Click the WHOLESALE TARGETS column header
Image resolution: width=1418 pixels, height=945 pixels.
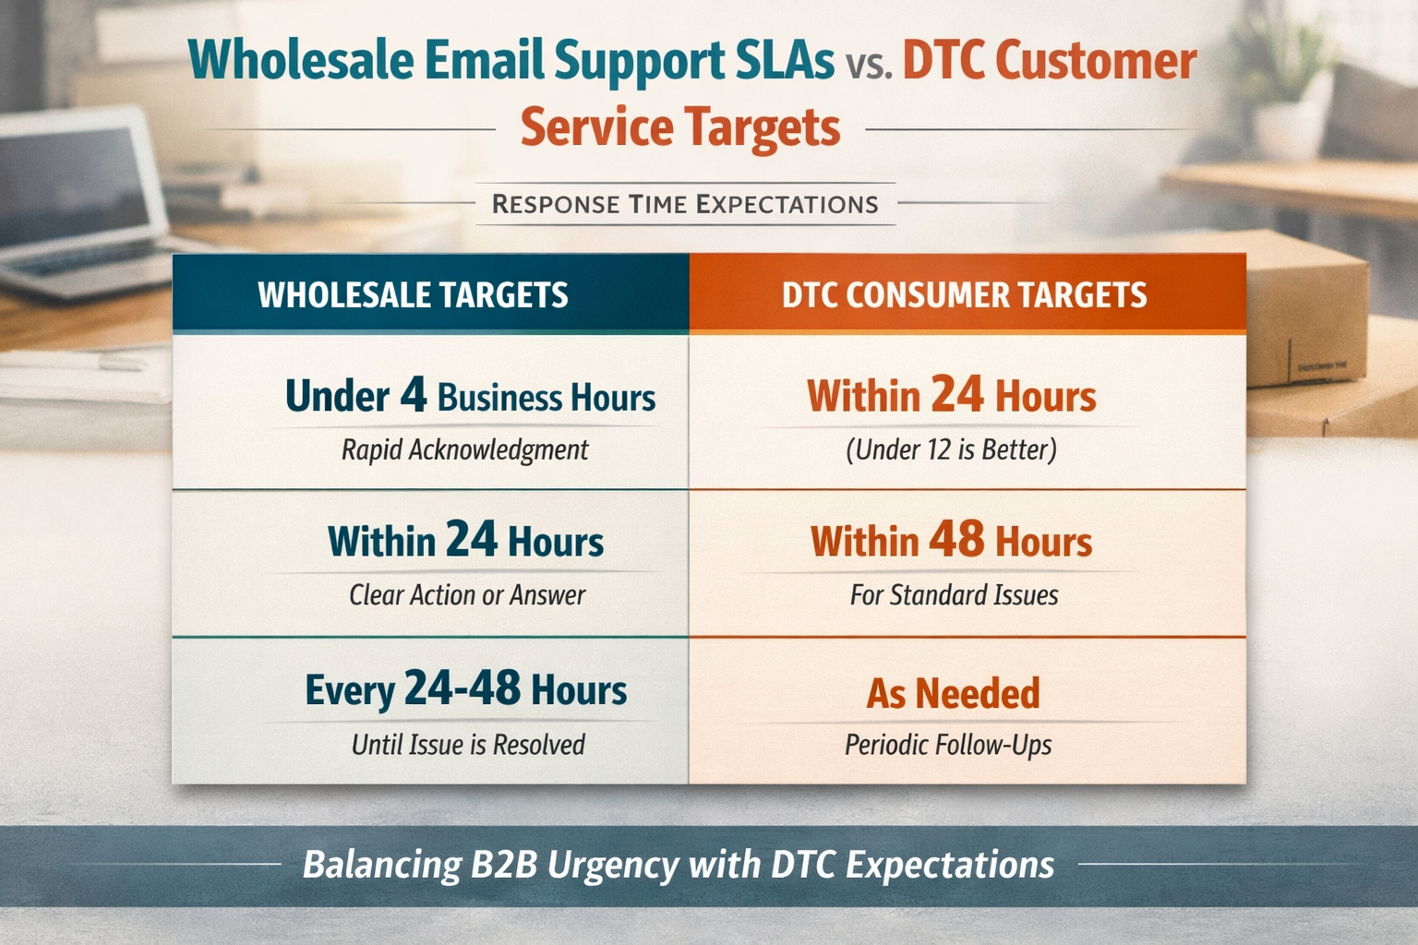pyautogui.click(x=413, y=295)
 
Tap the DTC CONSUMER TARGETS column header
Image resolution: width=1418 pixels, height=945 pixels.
pyautogui.click(x=964, y=295)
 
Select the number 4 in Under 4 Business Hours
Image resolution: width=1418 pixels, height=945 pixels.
pyautogui.click(x=414, y=396)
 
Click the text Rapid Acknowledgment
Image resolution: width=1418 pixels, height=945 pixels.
pyautogui.click(x=464, y=450)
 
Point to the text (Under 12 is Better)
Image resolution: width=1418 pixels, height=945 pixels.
pyautogui.click(x=951, y=450)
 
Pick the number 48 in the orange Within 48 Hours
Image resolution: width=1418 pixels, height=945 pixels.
pyautogui.click(x=956, y=540)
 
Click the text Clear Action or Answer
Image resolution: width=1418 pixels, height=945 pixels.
pyautogui.click(x=467, y=595)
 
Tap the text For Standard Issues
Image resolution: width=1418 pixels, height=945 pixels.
pyautogui.click(x=954, y=595)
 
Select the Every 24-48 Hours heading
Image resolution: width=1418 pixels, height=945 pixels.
pyautogui.click(x=466, y=689)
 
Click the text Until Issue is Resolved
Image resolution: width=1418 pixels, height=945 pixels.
pyautogui.click(x=468, y=745)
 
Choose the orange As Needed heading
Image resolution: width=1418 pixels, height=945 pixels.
pyautogui.click(x=953, y=694)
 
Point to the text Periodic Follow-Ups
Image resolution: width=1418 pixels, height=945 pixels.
pyautogui.click(x=948, y=745)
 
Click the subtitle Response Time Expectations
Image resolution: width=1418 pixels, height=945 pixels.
pyautogui.click(x=685, y=204)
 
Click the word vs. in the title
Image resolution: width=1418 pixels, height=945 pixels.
pyautogui.click(x=868, y=65)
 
